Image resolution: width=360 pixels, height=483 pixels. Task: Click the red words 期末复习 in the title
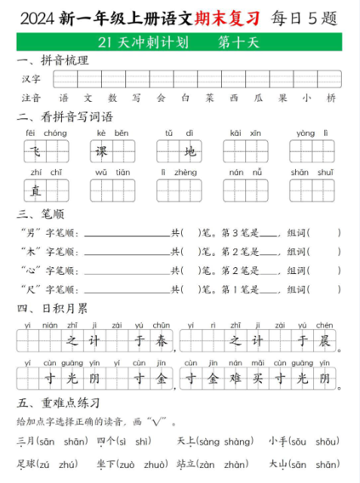(x=227, y=17)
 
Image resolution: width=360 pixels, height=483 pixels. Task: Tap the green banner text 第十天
(x=238, y=42)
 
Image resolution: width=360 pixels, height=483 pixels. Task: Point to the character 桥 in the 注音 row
(x=331, y=98)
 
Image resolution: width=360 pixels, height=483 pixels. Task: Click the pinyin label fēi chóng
(x=45, y=133)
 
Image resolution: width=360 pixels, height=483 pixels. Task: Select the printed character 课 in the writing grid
(x=101, y=152)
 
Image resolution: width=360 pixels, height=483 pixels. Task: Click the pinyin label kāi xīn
(x=245, y=133)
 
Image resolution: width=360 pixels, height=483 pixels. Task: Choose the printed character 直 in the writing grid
(x=35, y=191)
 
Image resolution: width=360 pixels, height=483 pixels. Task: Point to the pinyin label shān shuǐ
(x=312, y=172)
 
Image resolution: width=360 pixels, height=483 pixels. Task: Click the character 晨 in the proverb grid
(x=325, y=341)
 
